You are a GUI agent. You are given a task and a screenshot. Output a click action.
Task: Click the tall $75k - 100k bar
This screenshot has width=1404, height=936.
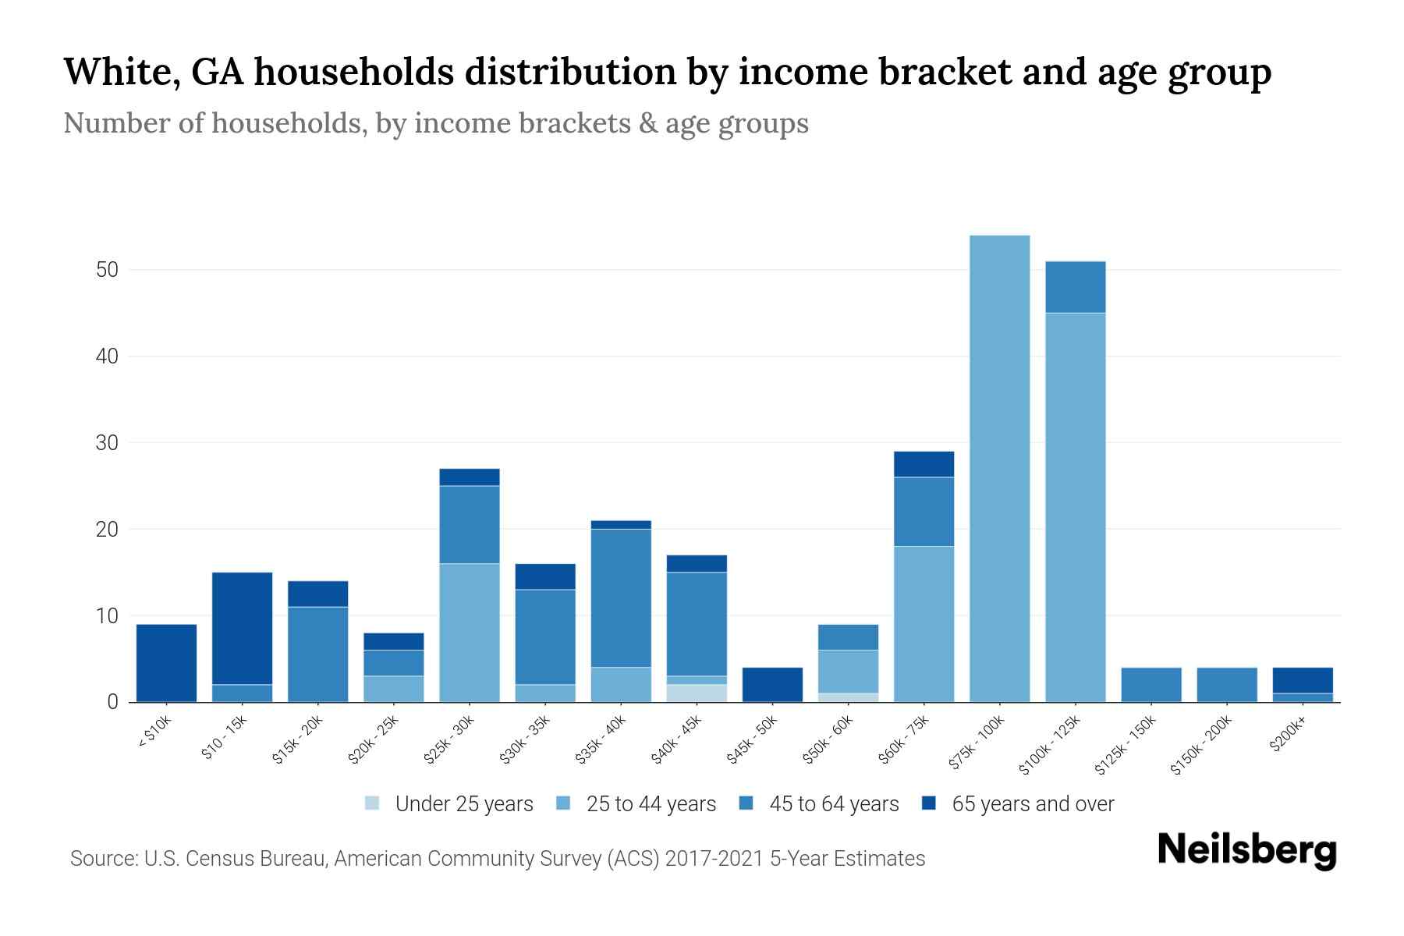coord(999,468)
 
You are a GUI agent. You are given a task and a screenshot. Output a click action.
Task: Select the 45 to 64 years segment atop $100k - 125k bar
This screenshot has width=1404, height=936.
coord(1075,287)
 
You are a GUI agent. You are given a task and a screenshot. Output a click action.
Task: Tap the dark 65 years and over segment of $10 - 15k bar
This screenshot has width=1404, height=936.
coord(242,628)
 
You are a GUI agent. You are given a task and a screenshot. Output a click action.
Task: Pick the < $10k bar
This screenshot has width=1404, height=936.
coord(166,663)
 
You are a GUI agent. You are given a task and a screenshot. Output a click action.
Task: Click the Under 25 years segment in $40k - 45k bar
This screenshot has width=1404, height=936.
coord(697,693)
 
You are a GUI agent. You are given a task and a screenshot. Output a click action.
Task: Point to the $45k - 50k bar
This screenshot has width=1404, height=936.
coord(772,685)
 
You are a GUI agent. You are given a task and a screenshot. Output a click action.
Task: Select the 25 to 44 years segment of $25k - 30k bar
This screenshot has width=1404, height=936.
coord(470,633)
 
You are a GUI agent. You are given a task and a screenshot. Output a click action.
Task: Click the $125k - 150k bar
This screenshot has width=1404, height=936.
coord(1150,685)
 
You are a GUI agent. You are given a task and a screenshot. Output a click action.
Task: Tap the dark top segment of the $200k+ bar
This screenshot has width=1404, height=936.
coord(1302,680)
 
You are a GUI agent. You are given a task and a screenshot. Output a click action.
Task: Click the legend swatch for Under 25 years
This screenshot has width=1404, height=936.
coord(372,803)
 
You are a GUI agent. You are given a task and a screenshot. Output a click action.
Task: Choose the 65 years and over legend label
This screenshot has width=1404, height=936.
coord(1033,804)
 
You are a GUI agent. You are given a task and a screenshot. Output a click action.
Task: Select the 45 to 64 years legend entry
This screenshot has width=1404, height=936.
coord(834,804)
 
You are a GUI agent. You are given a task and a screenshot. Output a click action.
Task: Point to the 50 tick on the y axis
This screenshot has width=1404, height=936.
coord(107,270)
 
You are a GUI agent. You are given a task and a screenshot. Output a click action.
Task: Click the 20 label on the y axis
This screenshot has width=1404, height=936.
coord(107,530)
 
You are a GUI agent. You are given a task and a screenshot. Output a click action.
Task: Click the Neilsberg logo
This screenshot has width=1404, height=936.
coord(1246,849)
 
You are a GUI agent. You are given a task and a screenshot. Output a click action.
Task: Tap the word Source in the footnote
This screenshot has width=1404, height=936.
coord(102,859)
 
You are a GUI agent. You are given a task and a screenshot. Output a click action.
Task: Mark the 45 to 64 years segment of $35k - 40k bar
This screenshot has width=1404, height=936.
coord(621,598)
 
